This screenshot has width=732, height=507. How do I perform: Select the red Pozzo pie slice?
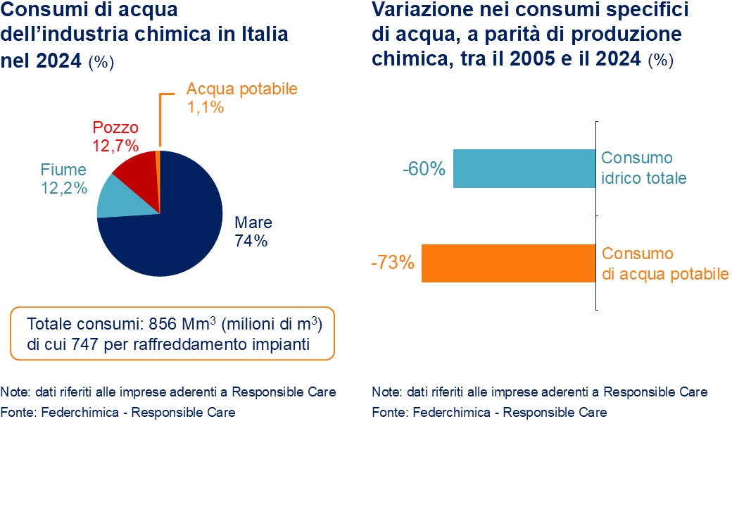click(136, 170)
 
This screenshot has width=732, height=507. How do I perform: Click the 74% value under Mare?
click(251, 240)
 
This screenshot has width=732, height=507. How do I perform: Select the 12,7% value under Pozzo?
click(115, 145)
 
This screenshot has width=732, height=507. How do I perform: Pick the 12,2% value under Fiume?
click(64, 188)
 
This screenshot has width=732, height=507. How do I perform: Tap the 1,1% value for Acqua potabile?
click(205, 108)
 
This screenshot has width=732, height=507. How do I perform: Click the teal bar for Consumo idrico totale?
click(524, 168)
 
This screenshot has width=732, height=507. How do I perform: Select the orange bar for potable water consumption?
click(509, 263)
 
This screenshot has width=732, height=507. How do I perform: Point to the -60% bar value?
click(424, 170)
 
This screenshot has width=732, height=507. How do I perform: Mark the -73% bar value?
click(392, 264)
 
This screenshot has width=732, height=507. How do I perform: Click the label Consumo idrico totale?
click(643, 168)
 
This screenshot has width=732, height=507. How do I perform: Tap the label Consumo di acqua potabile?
click(665, 263)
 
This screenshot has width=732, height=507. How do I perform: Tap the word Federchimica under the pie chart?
click(69, 412)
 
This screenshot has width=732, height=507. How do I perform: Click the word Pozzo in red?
click(115, 128)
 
